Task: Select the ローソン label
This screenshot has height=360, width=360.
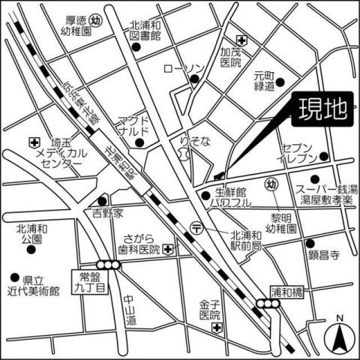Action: [x=183, y=69]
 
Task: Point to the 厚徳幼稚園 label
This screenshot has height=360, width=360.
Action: [x=77, y=28]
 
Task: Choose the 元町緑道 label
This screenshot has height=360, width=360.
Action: [x=265, y=81]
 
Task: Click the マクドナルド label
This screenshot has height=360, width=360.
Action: [x=133, y=127]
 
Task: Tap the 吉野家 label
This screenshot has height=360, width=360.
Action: [x=107, y=213]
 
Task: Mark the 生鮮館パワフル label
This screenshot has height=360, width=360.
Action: [x=230, y=197]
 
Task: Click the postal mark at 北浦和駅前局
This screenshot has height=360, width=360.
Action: [x=196, y=226]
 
